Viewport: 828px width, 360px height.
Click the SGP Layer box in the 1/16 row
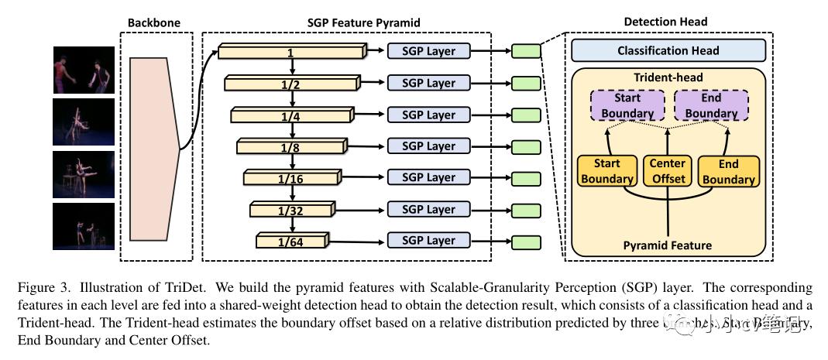[428, 178]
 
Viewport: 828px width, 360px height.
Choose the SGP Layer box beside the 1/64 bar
[428, 241]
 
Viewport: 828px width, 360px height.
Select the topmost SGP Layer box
[428, 52]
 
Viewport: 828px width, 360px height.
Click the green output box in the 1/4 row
[526, 115]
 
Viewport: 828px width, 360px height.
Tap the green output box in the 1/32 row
[526, 210]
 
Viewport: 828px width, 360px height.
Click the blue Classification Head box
[668, 51]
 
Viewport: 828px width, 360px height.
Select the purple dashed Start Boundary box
[627, 106]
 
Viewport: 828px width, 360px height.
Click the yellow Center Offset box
[668, 171]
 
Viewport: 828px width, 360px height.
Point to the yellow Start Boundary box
[607, 171]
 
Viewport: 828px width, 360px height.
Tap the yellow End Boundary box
[727, 171]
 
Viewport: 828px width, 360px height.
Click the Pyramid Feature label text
[668, 245]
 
